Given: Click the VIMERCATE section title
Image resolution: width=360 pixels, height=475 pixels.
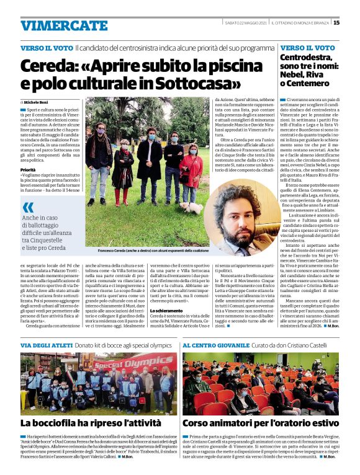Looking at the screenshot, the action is (64, 25).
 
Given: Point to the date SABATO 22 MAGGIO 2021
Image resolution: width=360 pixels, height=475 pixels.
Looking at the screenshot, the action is (246, 22).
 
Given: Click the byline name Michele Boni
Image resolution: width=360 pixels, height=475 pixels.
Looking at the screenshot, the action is (37, 101).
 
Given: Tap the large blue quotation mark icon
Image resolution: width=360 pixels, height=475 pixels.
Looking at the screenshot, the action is (29, 207).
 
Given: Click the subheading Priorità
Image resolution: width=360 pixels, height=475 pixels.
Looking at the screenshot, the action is (28, 169).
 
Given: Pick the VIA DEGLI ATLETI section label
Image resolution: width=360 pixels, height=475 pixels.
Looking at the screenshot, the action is (46, 345).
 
